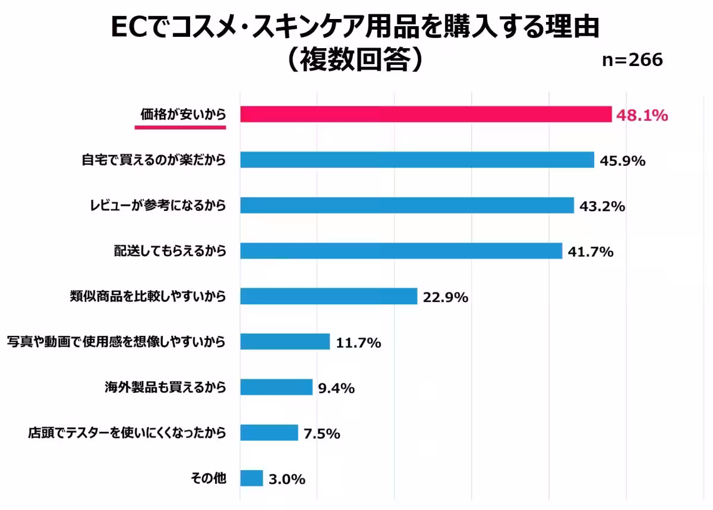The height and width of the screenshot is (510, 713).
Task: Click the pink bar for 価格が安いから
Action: point(425,114)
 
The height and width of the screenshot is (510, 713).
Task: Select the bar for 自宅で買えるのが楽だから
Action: point(417,160)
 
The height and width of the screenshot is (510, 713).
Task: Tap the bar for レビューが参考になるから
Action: point(407,206)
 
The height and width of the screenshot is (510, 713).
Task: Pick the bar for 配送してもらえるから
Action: point(401,251)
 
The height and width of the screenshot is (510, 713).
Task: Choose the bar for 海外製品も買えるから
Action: point(276,387)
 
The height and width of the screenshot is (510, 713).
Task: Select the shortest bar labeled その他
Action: point(251,478)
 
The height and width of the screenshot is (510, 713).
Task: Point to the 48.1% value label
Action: point(642,115)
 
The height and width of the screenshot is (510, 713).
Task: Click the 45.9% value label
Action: point(622,161)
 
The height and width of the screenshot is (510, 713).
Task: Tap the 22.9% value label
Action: point(446,297)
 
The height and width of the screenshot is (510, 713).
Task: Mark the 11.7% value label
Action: point(358,343)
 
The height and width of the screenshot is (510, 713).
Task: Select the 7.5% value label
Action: point(322,434)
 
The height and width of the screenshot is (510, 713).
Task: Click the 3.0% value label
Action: point(287,479)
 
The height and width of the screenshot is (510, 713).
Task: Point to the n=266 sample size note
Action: point(632,61)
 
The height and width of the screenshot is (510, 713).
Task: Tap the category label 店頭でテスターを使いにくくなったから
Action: point(127,433)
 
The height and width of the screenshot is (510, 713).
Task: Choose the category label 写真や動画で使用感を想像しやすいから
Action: point(116,342)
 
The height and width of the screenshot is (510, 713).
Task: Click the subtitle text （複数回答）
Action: point(355,59)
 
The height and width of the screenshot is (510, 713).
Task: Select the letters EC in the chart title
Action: point(130,28)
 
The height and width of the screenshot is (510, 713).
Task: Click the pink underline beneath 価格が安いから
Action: point(181,127)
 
